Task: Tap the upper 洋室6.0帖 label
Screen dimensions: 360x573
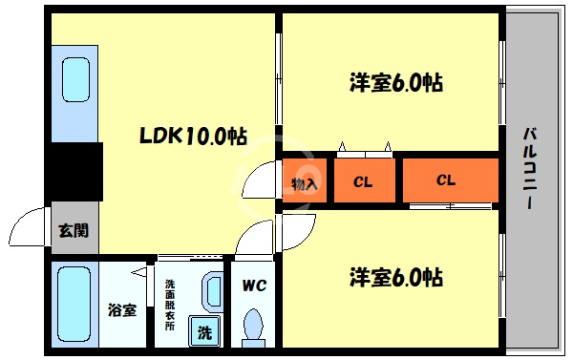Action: click(394, 82)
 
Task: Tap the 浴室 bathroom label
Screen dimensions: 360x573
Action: click(121, 310)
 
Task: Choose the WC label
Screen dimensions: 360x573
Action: click(254, 284)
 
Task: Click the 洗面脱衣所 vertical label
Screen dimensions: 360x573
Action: click(170, 304)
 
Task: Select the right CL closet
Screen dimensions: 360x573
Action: click(446, 180)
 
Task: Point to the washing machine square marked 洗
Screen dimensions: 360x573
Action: click(204, 330)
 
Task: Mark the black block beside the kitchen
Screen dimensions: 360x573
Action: click(75, 171)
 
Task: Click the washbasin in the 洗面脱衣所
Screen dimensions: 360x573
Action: click(212, 292)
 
